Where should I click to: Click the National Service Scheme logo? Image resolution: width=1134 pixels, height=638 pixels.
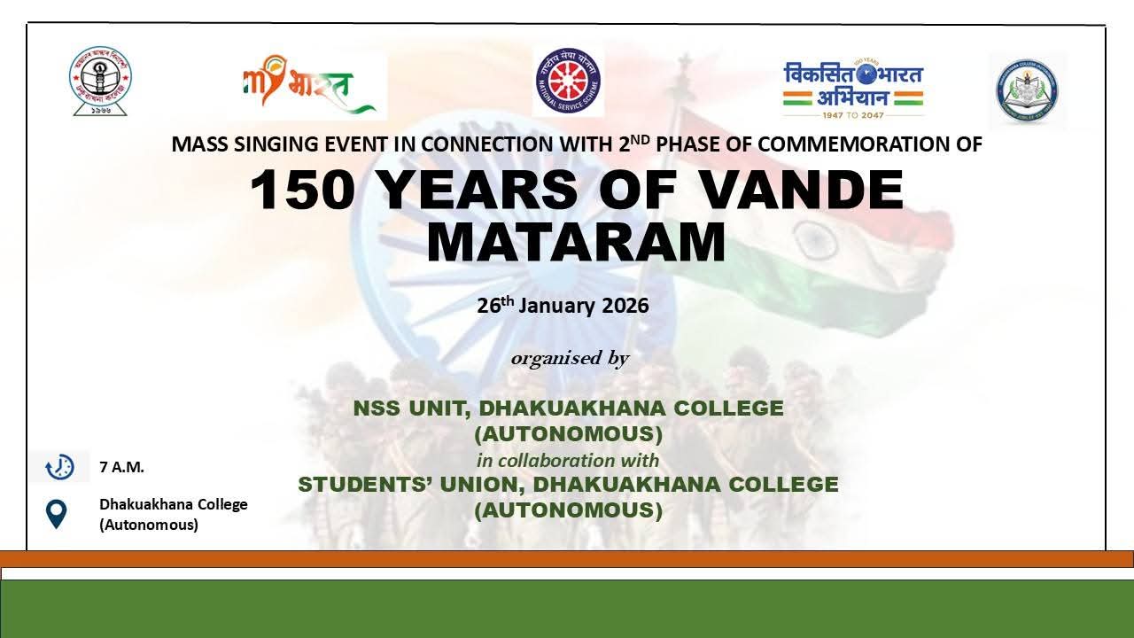pyautogui.click(x=568, y=82)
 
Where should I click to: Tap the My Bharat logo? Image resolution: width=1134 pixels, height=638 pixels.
pyautogui.click(x=308, y=85)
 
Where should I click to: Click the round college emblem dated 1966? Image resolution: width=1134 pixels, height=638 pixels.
pyautogui.click(x=100, y=81)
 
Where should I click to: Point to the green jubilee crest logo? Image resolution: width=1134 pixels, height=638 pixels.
pyautogui.click(x=1027, y=90)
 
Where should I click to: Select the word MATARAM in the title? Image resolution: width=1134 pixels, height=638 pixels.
pyautogui.click(x=576, y=242)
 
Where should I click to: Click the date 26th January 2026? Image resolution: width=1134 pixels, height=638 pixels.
pyautogui.click(x=563, y=306)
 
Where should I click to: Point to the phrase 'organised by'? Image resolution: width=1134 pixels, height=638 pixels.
pyautogui.click(x=570, y=358)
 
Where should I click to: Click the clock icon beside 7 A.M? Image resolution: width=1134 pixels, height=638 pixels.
pyautogui.click(x=59, y=466)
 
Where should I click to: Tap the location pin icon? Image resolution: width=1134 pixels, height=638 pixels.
pyautogui.click(x=57, y=514)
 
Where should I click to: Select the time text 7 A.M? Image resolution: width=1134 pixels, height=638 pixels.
pyautogui.click(x=121, y=467)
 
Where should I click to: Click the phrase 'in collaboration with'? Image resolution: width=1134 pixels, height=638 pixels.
pyautogui.click(x=568, y=460)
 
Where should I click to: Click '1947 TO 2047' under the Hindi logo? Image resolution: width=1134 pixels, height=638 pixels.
pyautogui.click(x=853, y=114)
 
